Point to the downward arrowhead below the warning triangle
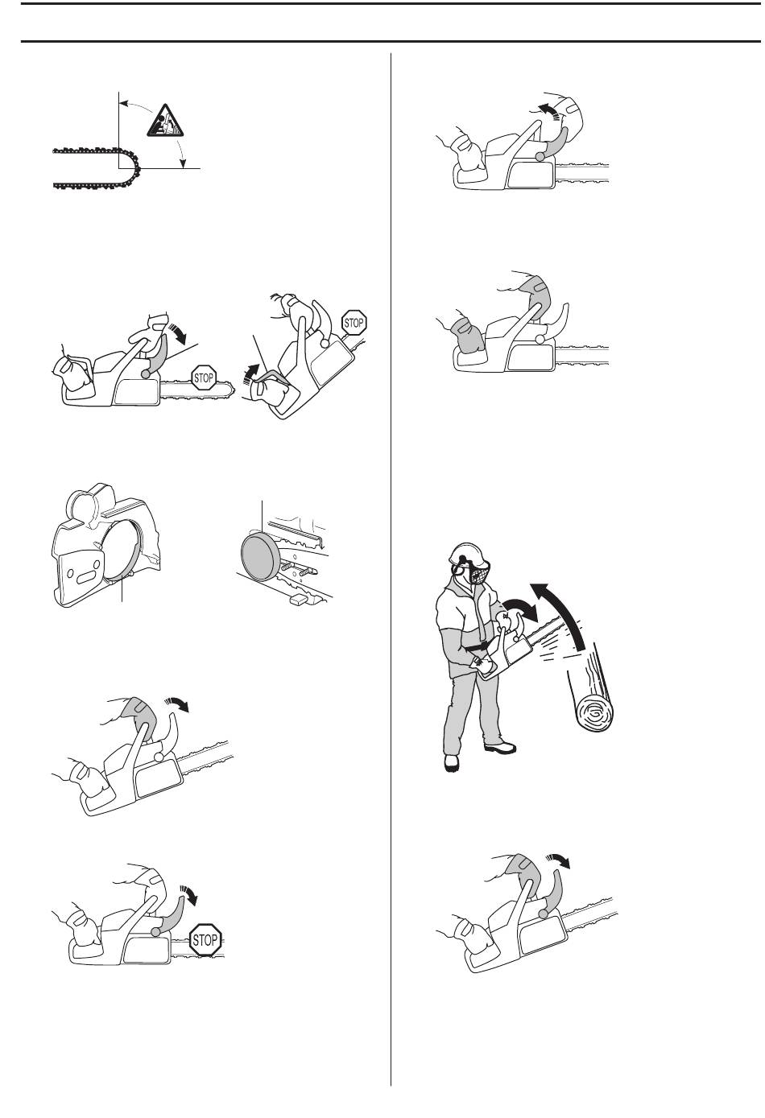click(184, 163)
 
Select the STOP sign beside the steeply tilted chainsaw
click(354, 324)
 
